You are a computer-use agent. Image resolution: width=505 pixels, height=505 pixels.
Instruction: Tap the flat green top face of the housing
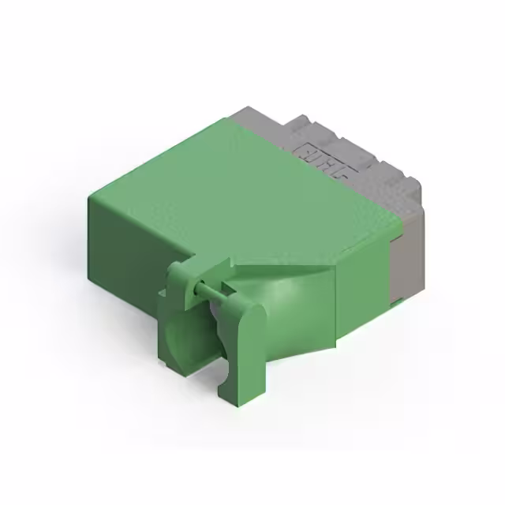[229, 189]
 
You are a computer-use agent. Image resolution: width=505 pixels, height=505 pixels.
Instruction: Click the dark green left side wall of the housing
[126, 252]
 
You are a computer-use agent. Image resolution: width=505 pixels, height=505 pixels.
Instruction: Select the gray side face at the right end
[406, 252]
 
